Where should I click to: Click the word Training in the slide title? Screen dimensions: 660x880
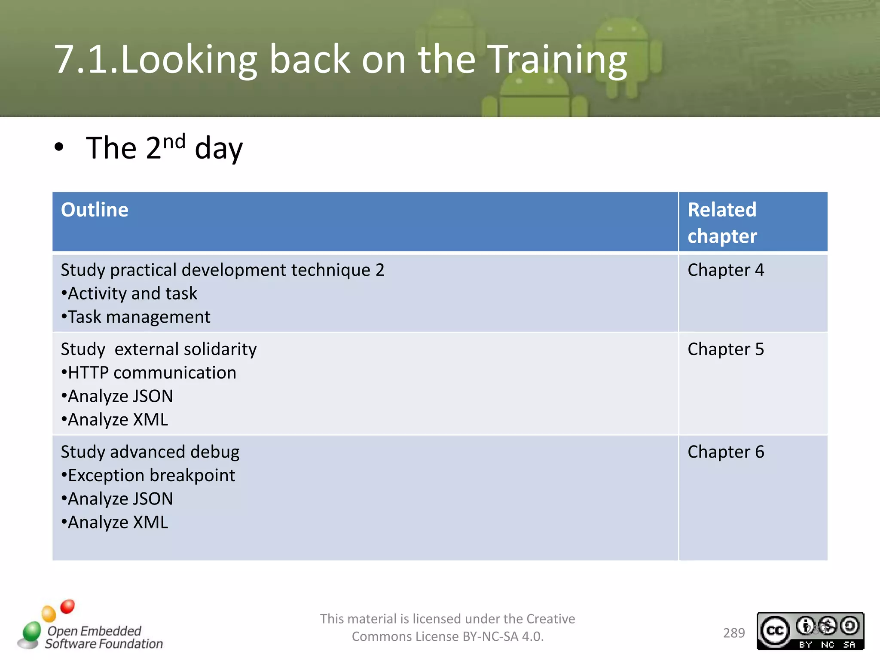pyautogui.click(x=557, y=60)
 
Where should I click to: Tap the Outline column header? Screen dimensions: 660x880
pyautogui.click(x=95, y=210)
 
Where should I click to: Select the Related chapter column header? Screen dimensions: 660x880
pyautogui.click(x=722, y=223)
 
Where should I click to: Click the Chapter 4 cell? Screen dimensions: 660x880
pyautogui.click(x=725, y=270)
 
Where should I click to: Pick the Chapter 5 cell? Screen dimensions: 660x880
pyautogui.click(x=725, y=349)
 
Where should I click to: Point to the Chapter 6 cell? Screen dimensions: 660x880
pyautogui.click(x=725, y=452)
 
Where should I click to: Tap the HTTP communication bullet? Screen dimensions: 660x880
pyautogui.click(x=149, y=373)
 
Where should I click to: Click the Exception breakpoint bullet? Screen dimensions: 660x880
pyautogui.click(x=148, y=476)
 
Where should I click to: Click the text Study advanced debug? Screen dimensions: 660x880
pyautogui.click(x=150, y=452)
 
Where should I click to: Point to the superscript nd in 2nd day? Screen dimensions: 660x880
pyautogui.click(x=174, y=141)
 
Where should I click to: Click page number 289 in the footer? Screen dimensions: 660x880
pyautogui.click(x=734, y=633)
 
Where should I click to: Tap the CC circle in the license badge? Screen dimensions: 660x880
pyautogui.click(x=775, y=631)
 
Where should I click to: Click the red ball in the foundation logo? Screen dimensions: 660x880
pyautogui.click(x=67, y=606)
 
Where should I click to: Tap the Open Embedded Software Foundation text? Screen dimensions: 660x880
pyautogui.click(x=103, y=637)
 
